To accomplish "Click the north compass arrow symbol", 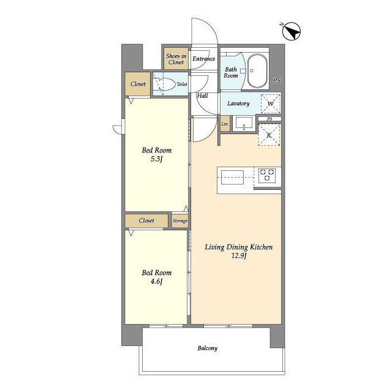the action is [291, 31].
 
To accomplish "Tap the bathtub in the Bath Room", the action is [257, 71].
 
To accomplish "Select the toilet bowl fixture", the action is [164, 85].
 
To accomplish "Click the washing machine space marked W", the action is [271, 104].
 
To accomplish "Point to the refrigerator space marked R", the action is [269, 135].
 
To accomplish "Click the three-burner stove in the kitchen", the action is [267, 175].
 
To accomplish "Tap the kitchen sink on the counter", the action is [232, 177].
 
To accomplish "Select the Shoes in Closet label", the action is [176, 59].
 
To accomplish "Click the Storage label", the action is [180, 221].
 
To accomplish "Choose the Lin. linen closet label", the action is [225, 124].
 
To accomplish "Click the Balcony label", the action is [208, 348].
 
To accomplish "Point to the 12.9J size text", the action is [239, 256].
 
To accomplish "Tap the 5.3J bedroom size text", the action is [157, 159].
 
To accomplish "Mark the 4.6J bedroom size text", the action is [157, 282].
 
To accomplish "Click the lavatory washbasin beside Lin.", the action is [244, 124].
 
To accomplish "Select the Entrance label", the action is [204, 59].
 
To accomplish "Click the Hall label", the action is [202, 96].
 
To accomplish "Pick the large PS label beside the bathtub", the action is [277, 80].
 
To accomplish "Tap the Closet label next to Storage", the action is [146, 221].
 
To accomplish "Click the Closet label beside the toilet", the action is [138, 84].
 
